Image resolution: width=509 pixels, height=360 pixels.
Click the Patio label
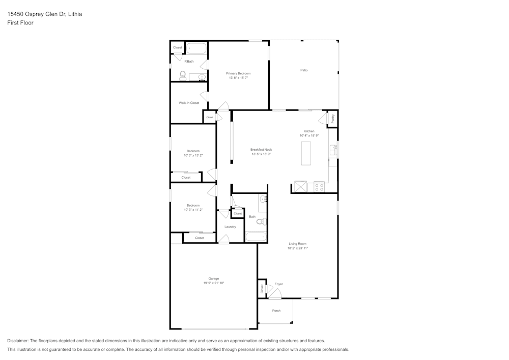tap(304, 70)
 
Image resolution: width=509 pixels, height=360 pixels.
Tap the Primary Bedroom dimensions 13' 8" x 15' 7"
tap(238, 78)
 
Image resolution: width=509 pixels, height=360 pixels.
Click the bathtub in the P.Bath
tap(195, 49)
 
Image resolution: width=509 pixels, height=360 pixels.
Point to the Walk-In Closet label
tap(189, 103)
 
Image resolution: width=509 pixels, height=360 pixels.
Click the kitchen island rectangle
tap(306, 153)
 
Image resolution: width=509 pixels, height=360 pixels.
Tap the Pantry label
tap(332, 119)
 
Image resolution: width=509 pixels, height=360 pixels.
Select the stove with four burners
tap(319, 187)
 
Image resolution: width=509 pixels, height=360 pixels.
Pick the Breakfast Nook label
tap(261, 150)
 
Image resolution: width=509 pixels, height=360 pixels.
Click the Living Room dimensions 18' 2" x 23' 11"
tap(298, 248)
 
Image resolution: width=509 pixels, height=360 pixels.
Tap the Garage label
tap(214, 279)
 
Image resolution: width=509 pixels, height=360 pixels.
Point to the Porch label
tap(276, 311)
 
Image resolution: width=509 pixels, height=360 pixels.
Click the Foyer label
tap(278, 284)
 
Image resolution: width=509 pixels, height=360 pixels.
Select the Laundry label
tap(230, 227)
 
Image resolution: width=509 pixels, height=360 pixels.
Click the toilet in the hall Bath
tap(260, 221)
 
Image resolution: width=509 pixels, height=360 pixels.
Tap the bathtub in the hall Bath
tap(256, 237)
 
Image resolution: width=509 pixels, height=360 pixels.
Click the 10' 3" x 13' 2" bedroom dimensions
tap(193, 155)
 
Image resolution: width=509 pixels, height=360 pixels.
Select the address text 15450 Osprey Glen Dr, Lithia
tap(44, 14)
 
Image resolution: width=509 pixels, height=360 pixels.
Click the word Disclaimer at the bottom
tap(18, 341)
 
